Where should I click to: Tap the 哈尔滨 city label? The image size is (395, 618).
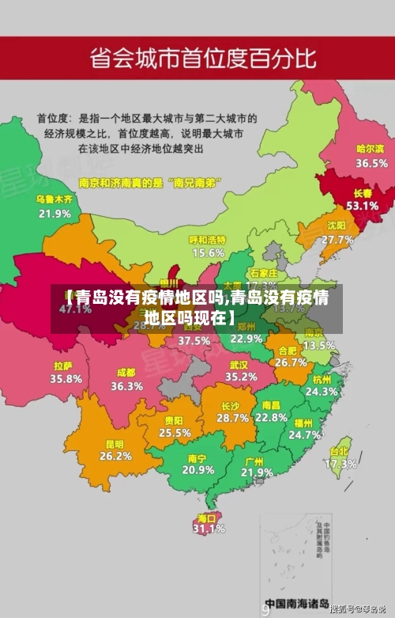pos(371,149)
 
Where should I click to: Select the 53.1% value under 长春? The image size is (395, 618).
pos(362,205)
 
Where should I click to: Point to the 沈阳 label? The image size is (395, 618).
pos(337,226)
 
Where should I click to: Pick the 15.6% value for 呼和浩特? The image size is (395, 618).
pos(208,252)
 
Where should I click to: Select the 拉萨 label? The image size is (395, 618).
pos(63,366)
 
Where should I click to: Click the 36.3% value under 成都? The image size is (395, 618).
pos(126,386)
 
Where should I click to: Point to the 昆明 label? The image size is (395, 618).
pos(115,444)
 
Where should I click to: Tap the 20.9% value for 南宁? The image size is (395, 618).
pos(197,469)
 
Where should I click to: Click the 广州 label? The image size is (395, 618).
pos(254,461)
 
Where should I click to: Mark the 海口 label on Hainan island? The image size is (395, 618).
pos(208,518)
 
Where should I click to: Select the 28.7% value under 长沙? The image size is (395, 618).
pos(233,417)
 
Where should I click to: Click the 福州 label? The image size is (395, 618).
pos(304,423)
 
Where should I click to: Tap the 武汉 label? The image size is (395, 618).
pos(239,365)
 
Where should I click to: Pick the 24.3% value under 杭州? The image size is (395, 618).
pos(322,391)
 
